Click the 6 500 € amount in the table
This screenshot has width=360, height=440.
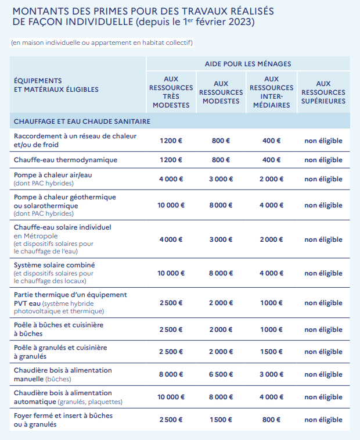click(221, 374)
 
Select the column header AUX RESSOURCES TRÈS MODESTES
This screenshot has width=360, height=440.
click(171, 92)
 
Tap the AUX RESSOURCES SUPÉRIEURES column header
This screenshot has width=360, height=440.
click(323, 92)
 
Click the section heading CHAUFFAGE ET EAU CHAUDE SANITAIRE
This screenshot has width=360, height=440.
click(82, 121)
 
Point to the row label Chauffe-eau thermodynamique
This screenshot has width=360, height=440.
click(66, 160)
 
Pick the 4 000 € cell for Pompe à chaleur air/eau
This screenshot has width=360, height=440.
click(171, 179)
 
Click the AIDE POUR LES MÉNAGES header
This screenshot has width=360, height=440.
click(248, 63)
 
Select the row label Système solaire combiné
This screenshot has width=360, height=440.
click(55, 265)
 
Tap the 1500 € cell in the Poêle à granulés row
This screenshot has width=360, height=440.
click(271, 352)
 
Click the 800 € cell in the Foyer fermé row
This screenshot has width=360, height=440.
click(271, 420)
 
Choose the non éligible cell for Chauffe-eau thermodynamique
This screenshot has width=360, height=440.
click(323, 160)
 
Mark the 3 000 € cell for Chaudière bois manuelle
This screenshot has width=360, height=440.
click(271, 374)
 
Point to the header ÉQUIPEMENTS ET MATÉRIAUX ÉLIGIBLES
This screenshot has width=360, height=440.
click(56, 85)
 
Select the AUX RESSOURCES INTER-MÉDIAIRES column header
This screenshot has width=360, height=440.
click(271, 92)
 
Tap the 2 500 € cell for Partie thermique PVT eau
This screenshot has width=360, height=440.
click(171, 303)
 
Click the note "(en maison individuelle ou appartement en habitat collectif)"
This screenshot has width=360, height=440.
click(102, 43)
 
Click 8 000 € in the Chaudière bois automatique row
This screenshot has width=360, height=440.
click(221, 397)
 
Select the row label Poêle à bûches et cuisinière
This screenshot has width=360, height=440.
click(59, 325)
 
